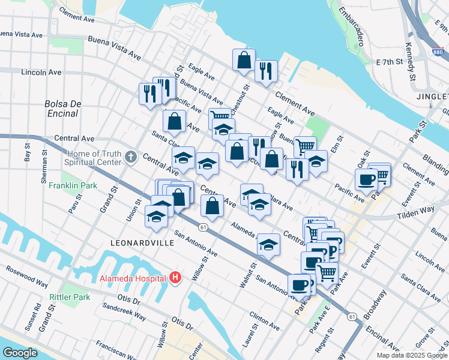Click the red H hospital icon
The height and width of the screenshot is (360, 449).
(175, 277)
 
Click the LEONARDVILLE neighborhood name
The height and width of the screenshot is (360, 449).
(142, 243)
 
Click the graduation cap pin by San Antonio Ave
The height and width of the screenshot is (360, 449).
(268, 245)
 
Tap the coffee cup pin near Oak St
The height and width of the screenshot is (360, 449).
(366, 178)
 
